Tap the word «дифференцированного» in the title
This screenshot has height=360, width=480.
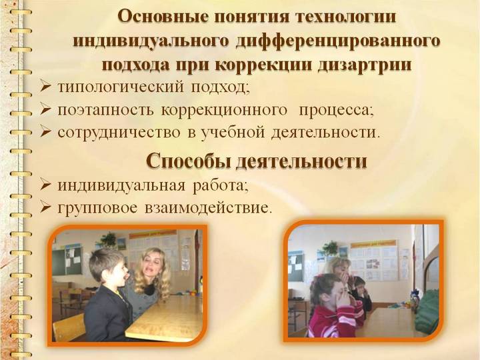point(338,41)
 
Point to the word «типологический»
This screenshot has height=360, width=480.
point(121,87)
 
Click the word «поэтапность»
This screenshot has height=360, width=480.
point(105,110)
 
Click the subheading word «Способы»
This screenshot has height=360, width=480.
point(188,161)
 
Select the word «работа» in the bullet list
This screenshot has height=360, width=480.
point(220,185)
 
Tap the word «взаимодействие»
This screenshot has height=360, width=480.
point(208,208)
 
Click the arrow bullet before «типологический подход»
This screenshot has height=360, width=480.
point(45,87)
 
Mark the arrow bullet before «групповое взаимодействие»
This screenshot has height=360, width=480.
point(45,208)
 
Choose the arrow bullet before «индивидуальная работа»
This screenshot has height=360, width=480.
point(45,185)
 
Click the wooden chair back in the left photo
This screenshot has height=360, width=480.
point(69,327)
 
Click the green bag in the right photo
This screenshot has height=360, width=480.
point(427,309)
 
